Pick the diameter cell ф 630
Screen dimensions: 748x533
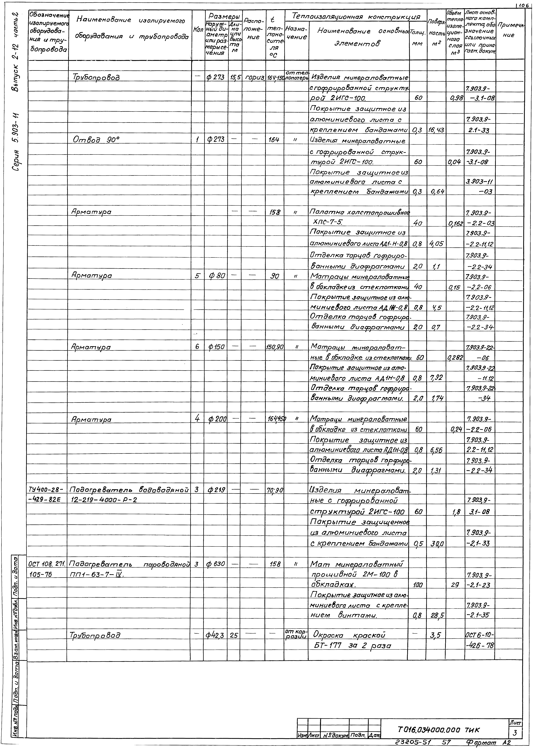click(x=216, y=564)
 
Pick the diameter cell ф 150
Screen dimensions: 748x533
click(x=216, y=347)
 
